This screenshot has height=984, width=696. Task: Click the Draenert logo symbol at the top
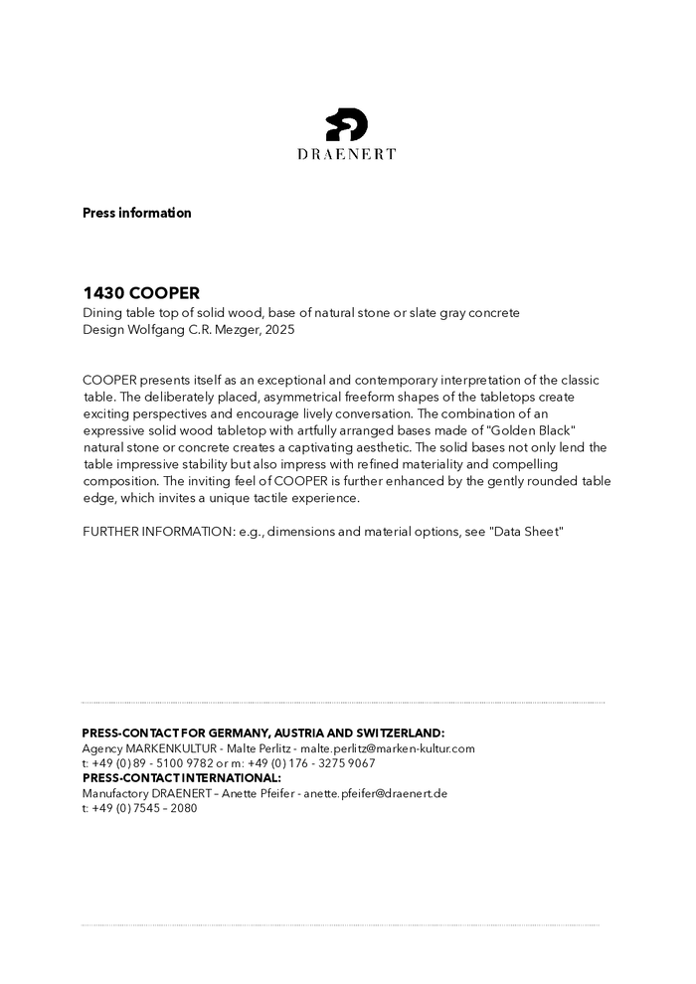click(347, 124)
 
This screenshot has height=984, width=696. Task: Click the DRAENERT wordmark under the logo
click(347, 154)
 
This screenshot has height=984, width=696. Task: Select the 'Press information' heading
click(136, 213)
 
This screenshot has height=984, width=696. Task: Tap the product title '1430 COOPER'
click(141, 293)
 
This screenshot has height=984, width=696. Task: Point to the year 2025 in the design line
click(279, 329)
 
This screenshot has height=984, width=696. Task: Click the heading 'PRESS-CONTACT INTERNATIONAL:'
click(181, 777)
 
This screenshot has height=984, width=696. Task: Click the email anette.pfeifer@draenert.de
click(376, 793)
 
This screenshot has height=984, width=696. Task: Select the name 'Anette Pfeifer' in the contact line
click(259, 793)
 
